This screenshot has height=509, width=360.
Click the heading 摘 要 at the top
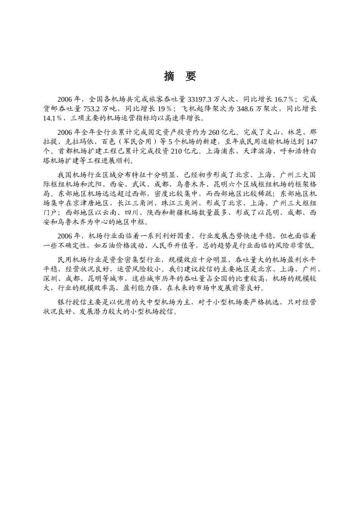tap(180, 76)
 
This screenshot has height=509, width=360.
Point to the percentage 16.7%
tap(284, 100)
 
